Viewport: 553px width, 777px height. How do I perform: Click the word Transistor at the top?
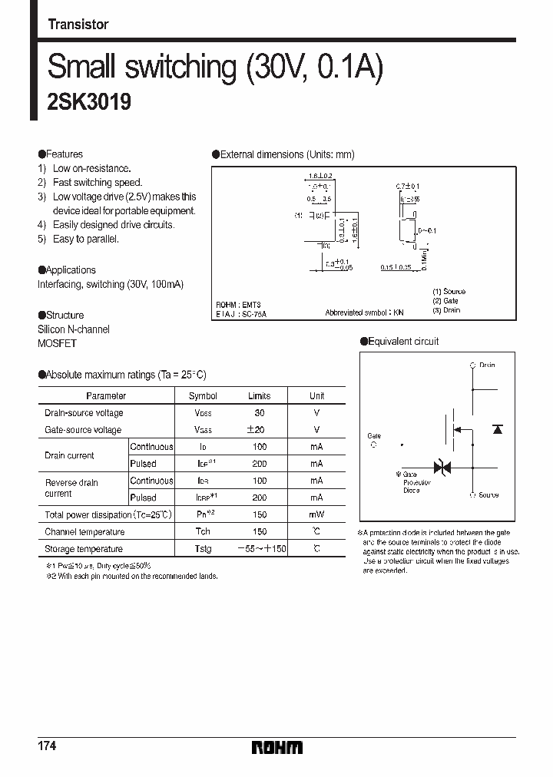pos(78,25)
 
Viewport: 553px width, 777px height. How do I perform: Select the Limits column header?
pos(259,396)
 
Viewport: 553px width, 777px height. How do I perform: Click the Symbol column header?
pos(203,396)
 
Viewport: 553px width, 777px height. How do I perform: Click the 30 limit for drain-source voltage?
pos(259,413)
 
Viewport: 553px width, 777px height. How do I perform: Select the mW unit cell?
pos(316,515)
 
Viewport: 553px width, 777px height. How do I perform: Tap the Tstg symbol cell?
pos(203,549)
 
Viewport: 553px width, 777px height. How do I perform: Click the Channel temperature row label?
pos(84,532)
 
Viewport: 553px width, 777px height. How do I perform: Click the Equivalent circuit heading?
pos(403,341)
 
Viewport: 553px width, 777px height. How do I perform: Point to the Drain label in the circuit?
pos(487,365)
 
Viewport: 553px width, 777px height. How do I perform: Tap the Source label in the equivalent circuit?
pos(488,495)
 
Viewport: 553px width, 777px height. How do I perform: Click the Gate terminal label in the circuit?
pos(374,436)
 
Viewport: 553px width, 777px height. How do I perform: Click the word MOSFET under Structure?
pos(57,344)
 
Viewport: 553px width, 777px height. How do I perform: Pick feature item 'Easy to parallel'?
pos(85,239)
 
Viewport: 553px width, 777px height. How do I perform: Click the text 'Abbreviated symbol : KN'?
pos(364,312)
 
